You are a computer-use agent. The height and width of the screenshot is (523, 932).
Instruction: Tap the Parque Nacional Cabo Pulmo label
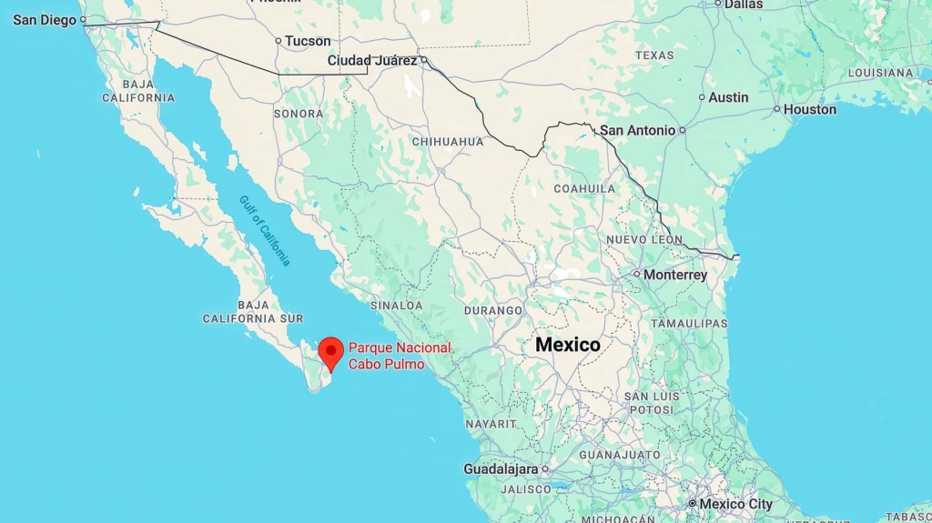pos(400,356)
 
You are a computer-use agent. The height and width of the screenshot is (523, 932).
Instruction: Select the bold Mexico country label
pos(568,345)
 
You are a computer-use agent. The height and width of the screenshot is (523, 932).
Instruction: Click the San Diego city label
pos(45,19)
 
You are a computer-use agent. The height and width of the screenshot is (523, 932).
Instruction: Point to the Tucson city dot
pos(279,41)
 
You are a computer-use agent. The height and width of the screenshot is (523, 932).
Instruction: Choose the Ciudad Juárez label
pos(372,61)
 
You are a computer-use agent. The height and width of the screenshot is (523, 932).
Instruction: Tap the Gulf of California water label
pos(266,231)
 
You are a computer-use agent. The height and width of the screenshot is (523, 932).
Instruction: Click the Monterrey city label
pos(674,275)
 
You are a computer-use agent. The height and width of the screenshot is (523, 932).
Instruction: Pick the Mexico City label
pos(735,504)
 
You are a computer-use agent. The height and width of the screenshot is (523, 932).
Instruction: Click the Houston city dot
pos(776,109)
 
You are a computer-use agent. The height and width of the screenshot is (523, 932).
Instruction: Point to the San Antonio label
pos(637,130)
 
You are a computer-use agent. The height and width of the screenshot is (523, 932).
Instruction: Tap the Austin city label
pos(728,97)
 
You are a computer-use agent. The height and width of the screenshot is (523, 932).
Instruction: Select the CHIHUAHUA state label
pos(448,142)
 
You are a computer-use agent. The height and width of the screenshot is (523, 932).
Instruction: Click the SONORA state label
pos(299,114)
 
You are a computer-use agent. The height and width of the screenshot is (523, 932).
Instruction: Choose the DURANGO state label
pos(493,310)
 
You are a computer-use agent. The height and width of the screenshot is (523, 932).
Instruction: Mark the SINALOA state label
pos(396,306)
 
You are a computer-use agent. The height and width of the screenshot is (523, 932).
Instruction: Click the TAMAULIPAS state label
pos(689,323)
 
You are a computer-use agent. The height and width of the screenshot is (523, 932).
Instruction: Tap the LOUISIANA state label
pos(880,73)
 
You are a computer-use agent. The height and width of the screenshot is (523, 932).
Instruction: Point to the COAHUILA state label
pos(585,188)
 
